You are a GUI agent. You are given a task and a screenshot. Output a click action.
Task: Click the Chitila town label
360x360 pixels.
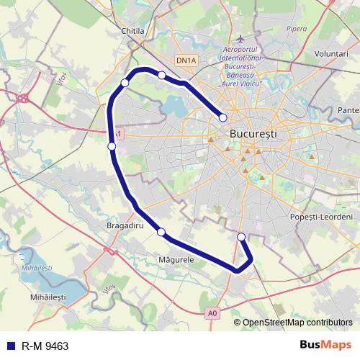(133, 31)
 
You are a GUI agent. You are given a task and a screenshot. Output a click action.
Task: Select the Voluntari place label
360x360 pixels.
(330, 53)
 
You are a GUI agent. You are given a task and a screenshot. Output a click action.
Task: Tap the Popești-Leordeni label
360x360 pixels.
(322, 217)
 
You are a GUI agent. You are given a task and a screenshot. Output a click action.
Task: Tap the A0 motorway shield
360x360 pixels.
(212, 313)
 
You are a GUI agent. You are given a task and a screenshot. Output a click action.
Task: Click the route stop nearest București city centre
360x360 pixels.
(223, 117)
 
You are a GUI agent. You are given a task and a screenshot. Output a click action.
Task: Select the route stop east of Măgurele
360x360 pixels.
(241, 237)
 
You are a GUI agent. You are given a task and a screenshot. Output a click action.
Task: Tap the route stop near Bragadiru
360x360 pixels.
(161, 232)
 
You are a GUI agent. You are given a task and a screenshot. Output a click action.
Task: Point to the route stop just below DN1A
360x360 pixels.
(162, 75)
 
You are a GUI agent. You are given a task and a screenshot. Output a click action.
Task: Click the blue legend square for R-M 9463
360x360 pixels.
(12, 346)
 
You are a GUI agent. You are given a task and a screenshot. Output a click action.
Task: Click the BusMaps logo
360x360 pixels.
(325, 346)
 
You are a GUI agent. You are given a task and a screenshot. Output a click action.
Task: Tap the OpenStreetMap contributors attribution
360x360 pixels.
(297, 323)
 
